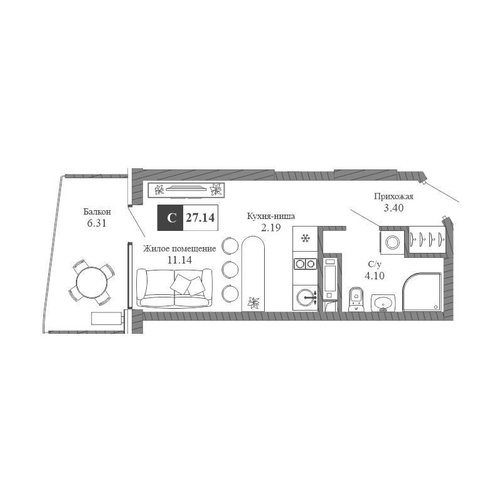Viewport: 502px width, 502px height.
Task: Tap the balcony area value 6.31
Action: coord(97,223)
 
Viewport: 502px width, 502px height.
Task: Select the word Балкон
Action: coord(97,211)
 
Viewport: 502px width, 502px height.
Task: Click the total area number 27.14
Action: coord(200,218)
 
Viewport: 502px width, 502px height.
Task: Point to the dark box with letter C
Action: coord(170,218)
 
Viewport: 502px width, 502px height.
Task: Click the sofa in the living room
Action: coord(174,287)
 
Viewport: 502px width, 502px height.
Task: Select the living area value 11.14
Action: coord(179,260)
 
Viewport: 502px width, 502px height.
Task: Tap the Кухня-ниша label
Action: coord(271,216)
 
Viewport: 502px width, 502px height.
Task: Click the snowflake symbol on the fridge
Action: coord(305,238)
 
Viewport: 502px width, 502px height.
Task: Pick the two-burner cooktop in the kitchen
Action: coord(305,264)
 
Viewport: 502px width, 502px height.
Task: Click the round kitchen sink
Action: coord(306,297)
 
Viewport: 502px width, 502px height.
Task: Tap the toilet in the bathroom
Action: coord(356,299)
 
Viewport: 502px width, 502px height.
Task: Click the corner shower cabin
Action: coord(422,292)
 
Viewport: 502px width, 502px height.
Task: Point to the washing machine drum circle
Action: coord(392,242)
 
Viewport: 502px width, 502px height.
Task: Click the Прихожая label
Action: coord(393,196)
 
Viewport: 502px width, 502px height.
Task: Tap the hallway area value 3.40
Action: coord(393,208)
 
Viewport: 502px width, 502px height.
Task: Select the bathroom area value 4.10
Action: coord(375,275)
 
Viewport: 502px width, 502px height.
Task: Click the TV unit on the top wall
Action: coord(186,190)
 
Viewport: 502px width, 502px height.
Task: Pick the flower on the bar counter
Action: coord(253,302)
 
